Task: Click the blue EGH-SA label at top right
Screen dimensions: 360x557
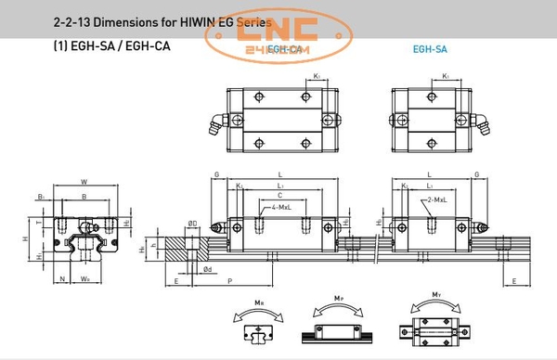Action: coord(430,49)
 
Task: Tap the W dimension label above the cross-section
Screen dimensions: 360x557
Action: coord(85,182)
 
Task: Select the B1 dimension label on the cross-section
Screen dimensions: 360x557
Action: coord(42,197)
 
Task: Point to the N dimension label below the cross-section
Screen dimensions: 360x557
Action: coord(62,276)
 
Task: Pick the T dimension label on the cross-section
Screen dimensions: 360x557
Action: coord(38,223)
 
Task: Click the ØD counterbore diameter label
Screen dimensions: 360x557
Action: coord(192,223)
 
